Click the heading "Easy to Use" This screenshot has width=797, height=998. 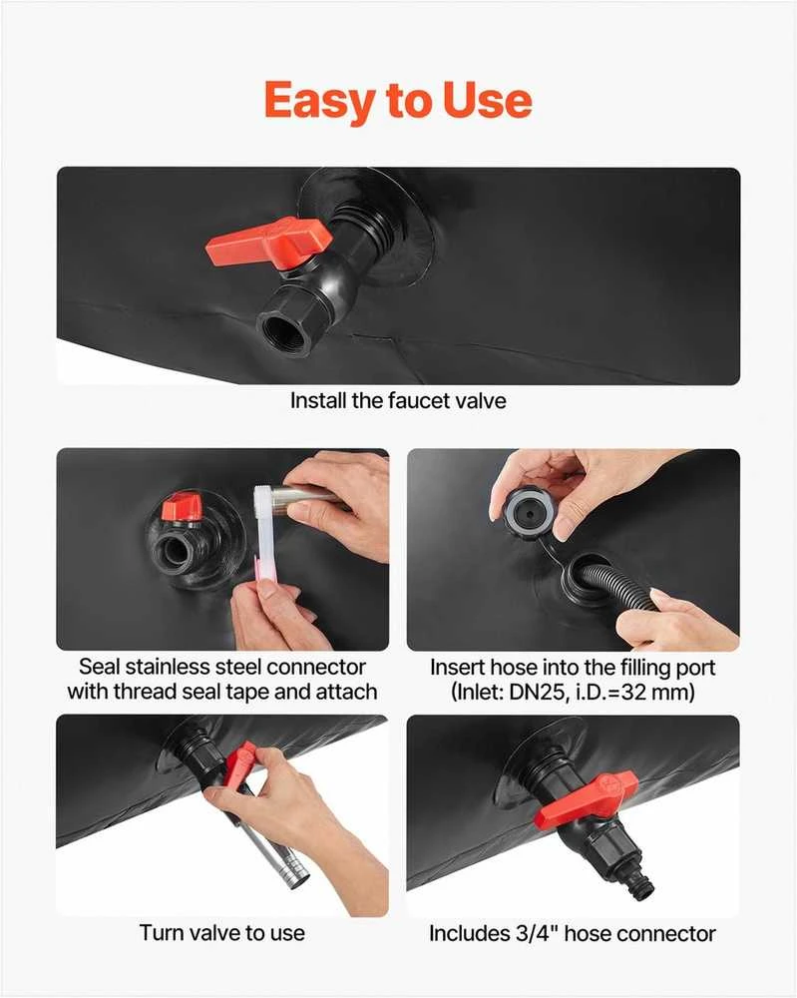[x=398, y=101]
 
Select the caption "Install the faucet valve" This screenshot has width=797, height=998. [x=398, y=401]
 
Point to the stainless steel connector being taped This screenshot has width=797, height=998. [x=305, y=496]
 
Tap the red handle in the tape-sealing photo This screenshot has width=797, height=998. [x=182, y=507]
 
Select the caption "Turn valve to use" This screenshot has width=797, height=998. [x=222, y=933]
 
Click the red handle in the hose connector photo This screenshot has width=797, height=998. [x=586, y=799]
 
